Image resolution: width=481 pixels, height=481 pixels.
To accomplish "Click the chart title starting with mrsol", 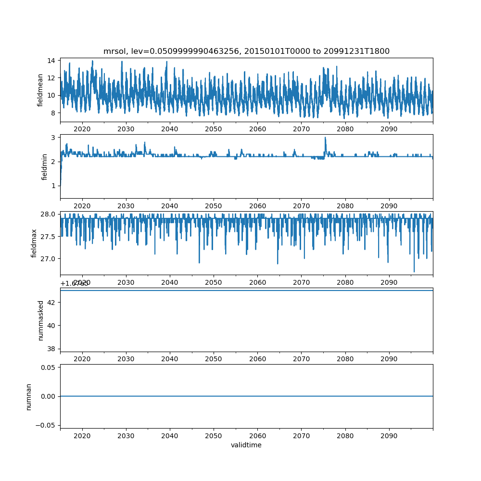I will [x=246, y=51].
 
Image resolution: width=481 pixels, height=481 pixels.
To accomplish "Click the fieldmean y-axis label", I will [x=40, y=90].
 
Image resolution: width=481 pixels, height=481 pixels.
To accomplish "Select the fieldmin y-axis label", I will [x=44, y=166].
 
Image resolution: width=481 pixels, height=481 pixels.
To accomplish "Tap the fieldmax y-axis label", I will [x=34, y=243].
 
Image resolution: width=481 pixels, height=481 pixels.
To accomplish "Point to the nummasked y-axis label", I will [x=41, y=320].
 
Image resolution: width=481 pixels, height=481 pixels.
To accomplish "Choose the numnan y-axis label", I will [x=28, y=396].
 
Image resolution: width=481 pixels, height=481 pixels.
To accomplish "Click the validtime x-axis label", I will [x=246, y=445].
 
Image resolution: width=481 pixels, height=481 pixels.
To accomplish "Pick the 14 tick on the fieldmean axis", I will [x=51, y=61].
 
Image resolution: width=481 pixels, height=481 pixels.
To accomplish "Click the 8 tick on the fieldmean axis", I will [x=52, y=113].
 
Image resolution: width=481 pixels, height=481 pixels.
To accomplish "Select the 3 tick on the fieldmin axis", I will [x=52, y=138].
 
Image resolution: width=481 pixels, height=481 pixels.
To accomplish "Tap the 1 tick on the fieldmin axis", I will [x=52, y=186].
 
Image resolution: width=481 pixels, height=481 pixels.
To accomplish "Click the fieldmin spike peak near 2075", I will [x=325, y=138].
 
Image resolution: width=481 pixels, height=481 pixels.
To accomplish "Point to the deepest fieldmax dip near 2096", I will [x=414, y=272].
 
